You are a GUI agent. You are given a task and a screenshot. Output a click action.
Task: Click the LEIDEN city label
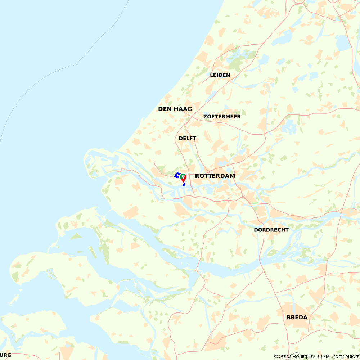point(220,75)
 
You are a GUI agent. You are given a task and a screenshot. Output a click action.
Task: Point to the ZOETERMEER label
point(222,117)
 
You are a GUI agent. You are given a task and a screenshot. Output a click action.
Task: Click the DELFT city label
point(188,138)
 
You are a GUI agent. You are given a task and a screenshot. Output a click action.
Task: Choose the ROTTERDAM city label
point(215,176)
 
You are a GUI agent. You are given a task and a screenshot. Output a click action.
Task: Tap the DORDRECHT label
point(271,230)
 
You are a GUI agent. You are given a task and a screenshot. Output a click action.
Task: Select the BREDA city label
point(297,317)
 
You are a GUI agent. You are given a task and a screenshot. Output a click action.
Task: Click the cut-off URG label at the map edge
point(5,355)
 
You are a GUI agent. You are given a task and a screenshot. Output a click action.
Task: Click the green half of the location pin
point(181,176)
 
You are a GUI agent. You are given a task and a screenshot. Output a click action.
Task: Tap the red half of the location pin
point(184,179)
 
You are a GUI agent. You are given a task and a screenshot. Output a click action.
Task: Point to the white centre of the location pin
point(183,177)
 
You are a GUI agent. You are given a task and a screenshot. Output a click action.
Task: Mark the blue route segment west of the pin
point(177,175)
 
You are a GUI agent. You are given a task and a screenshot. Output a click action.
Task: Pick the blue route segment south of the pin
point(184,184)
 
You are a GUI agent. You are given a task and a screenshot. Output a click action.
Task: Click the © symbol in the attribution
point(276,356)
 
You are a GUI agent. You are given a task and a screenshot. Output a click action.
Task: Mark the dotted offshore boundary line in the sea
point(76,64)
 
